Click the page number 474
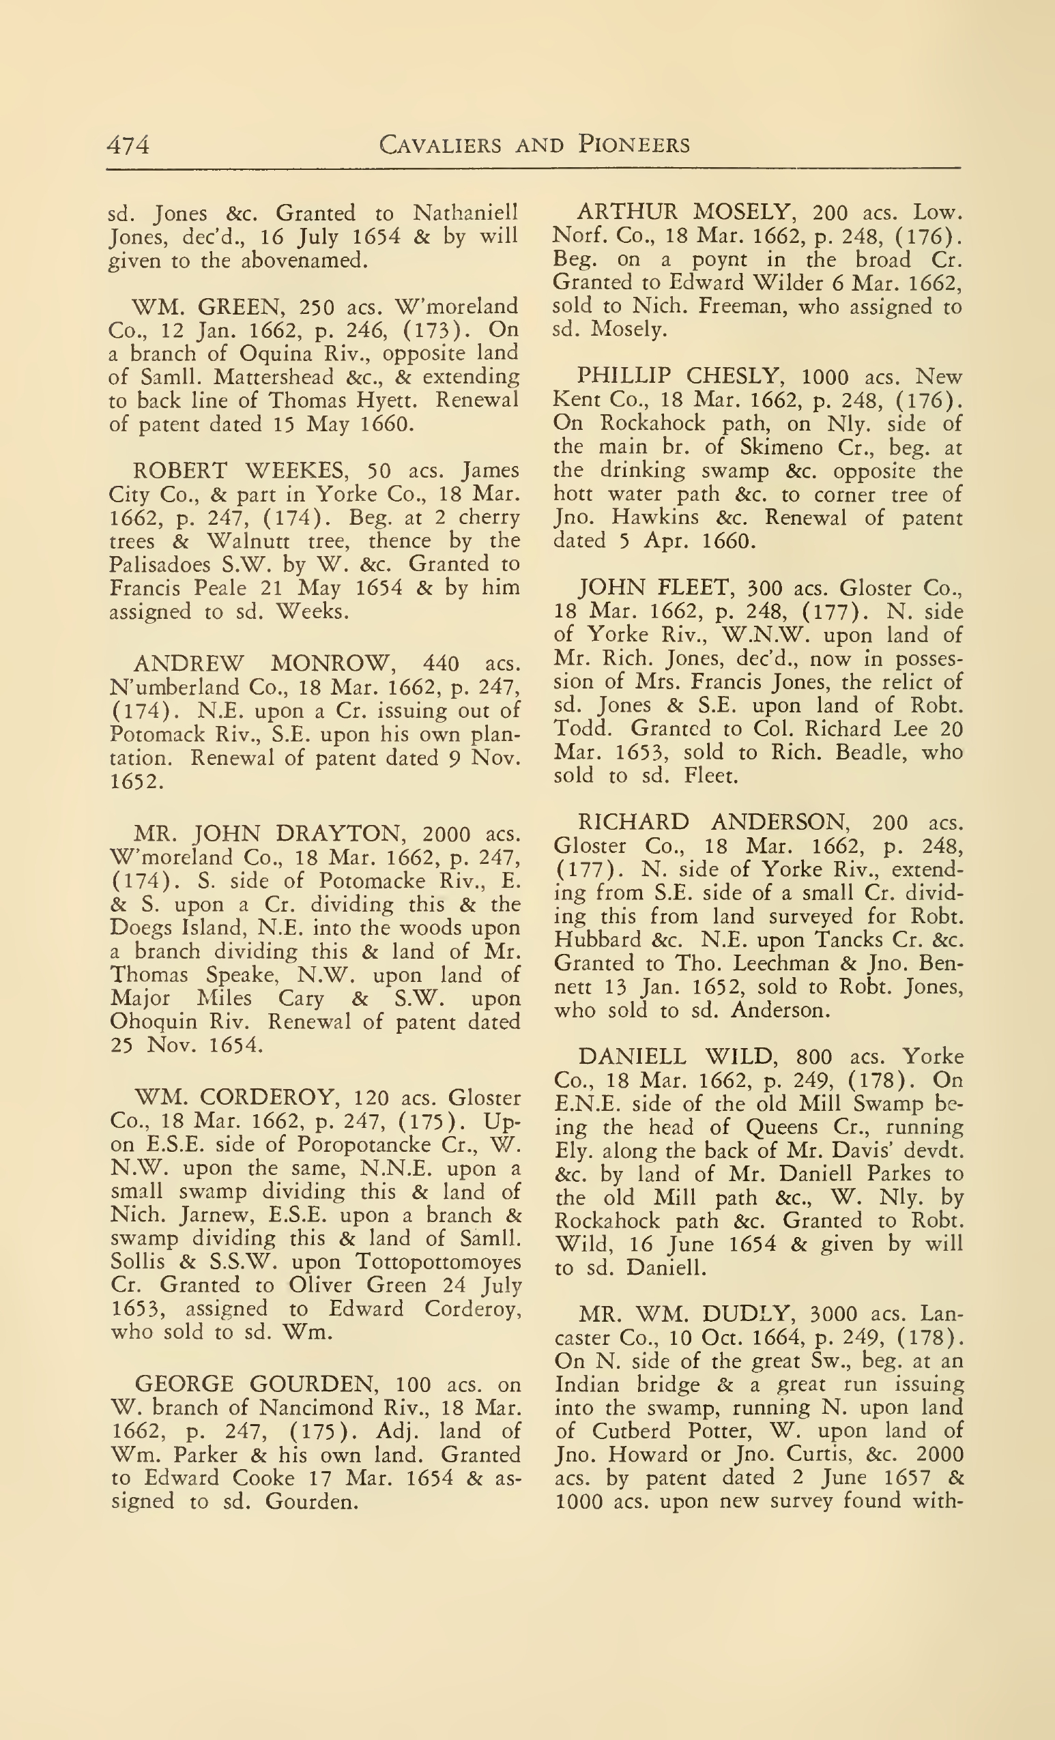[x=128, y=145]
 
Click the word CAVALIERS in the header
[x=441, y=145]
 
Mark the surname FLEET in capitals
[x=695, y=588]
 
